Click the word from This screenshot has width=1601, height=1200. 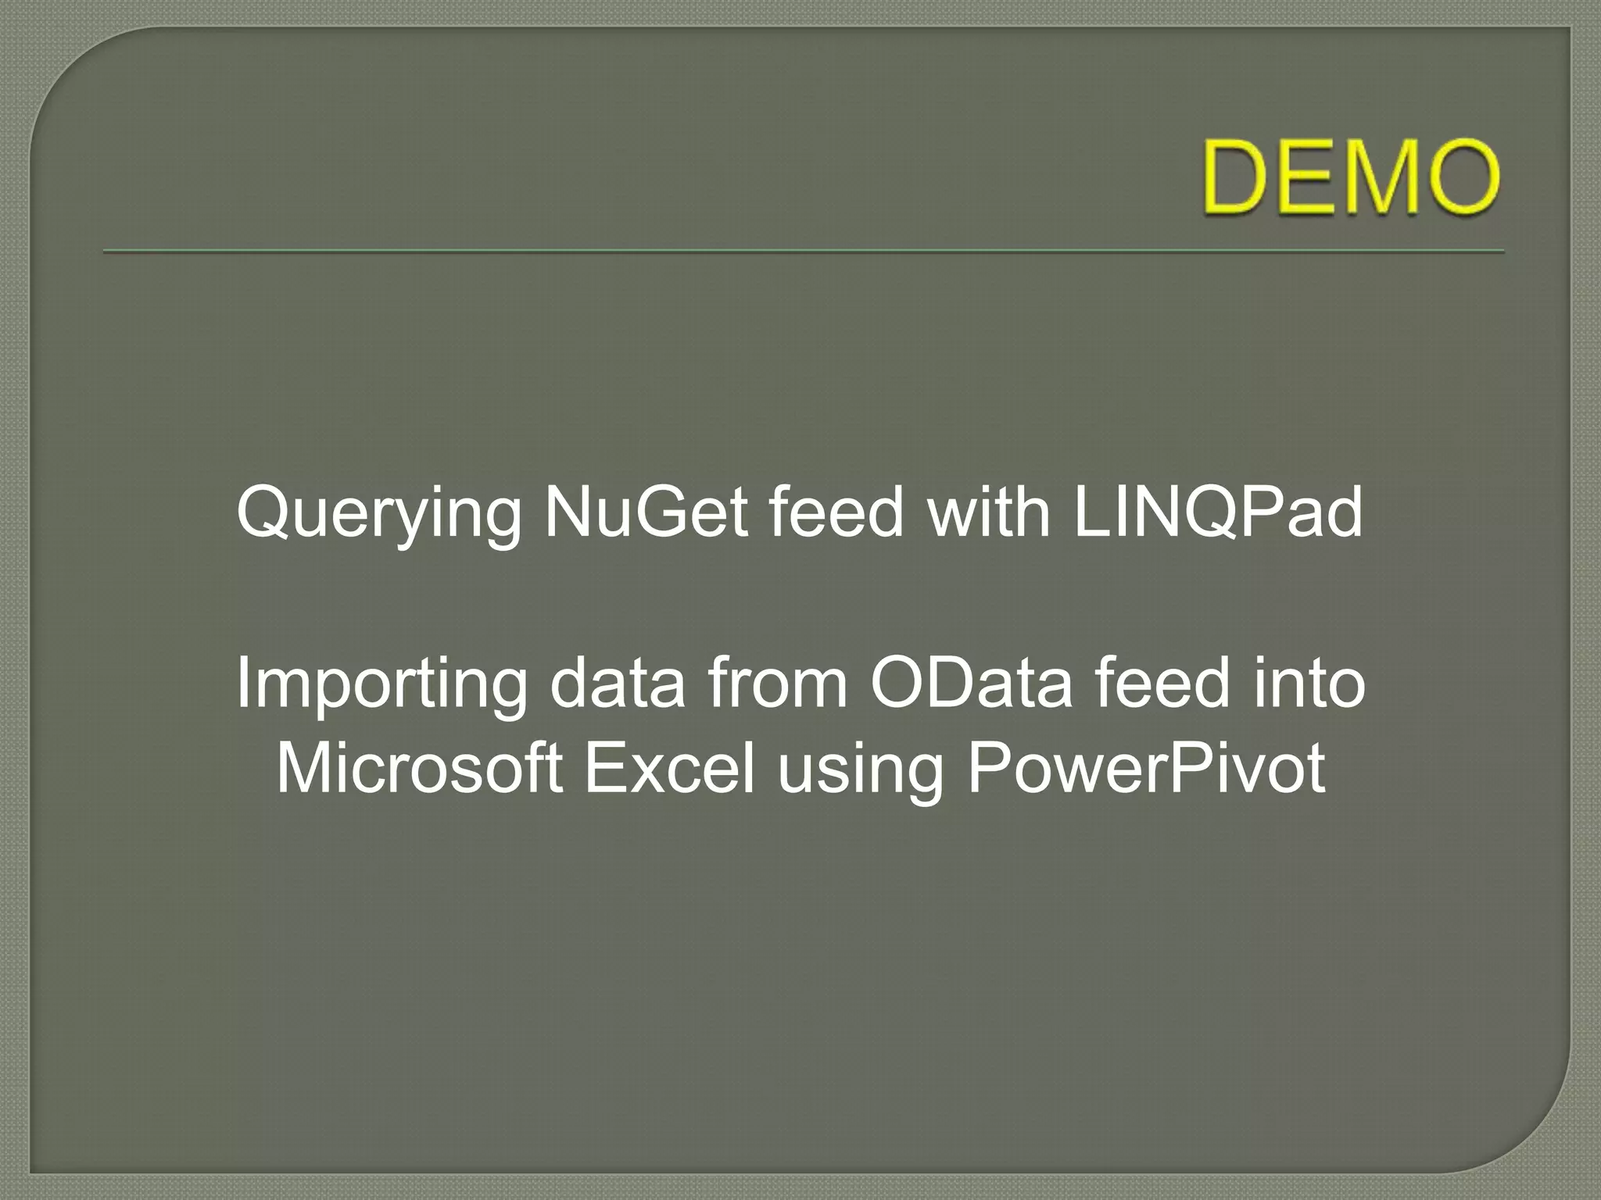click(x=778, y=684)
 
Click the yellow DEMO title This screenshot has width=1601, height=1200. click(x=1351, y=177)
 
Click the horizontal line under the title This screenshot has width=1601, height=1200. click(x=803, y=252)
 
